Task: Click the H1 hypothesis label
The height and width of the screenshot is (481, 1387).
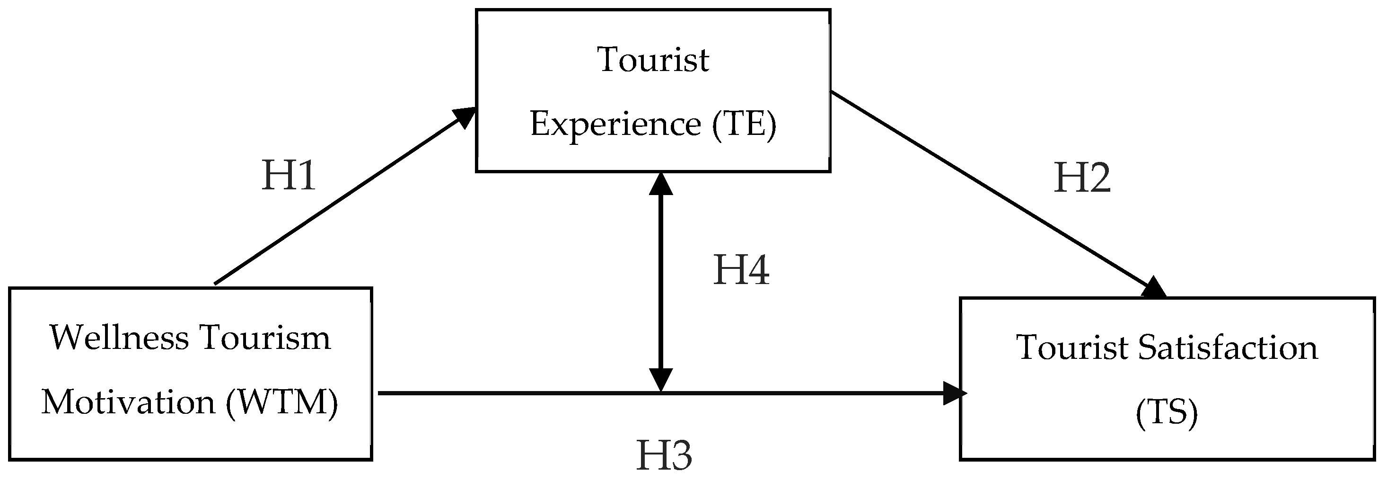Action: coord(288,176)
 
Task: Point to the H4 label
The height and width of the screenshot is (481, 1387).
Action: coord(741,270)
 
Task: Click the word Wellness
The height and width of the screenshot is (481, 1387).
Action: coord(119,338)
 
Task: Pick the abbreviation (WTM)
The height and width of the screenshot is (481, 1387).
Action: coord(281,402)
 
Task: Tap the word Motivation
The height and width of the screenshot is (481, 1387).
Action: coord(128,402)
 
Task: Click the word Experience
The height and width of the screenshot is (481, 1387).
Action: coord(615,124)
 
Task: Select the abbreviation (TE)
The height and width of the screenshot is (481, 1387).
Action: coord(744,124)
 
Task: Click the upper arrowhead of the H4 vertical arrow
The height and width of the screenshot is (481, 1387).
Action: coord(661,184)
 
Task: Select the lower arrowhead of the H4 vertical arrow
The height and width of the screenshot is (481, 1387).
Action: coord(661,380)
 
